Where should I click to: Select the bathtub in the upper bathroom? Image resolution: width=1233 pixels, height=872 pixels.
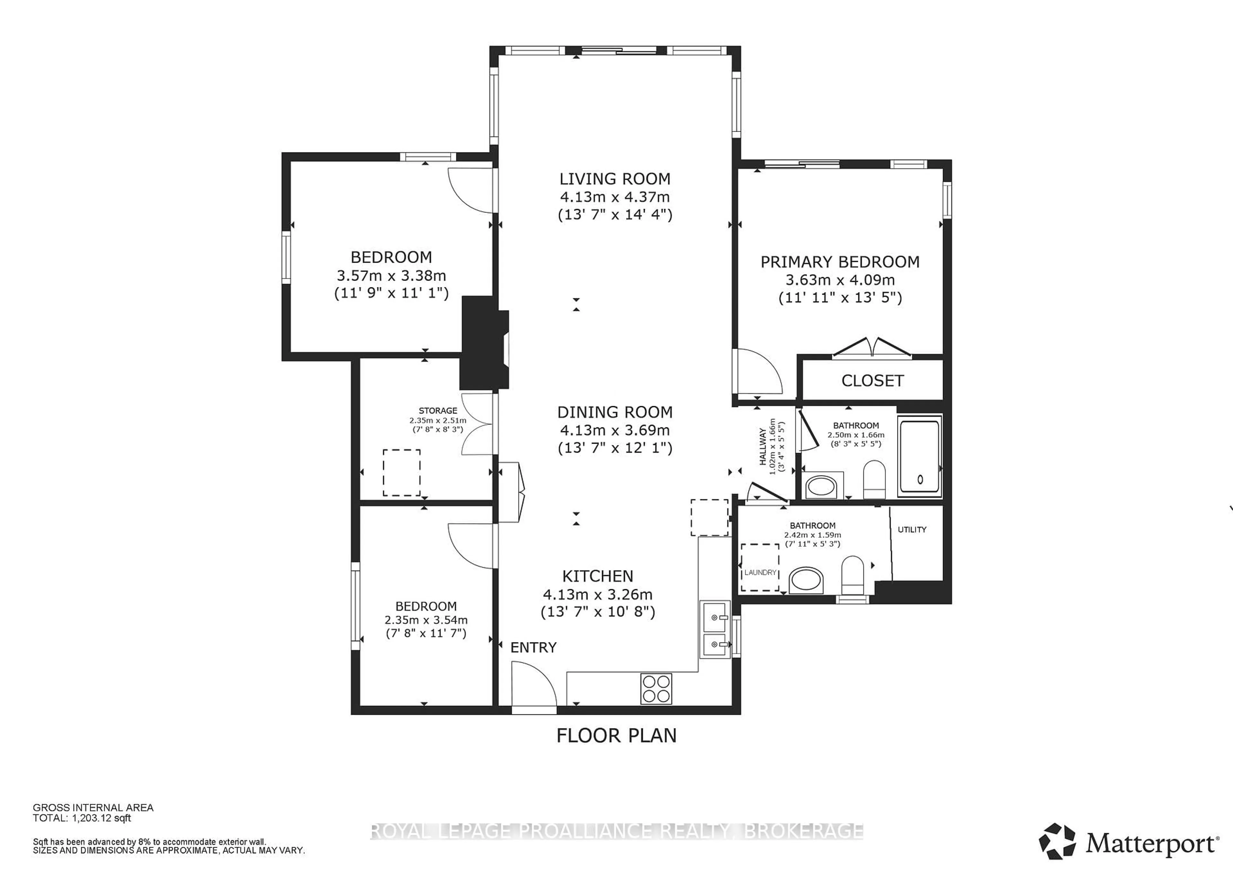click(x=920, y=456)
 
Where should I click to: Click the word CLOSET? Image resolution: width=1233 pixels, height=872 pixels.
click(x=872, y=381)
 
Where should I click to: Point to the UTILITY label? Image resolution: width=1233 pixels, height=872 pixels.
click(x=912, y=529)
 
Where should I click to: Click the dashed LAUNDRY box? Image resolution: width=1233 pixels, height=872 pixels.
click(x=760, y=568)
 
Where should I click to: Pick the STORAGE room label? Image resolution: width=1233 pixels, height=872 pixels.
click(x=438, y=411)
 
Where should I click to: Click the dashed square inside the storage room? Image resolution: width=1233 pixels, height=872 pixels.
click(x=401, y=473)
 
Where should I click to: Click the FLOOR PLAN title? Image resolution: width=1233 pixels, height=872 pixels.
click(x=616, y=736)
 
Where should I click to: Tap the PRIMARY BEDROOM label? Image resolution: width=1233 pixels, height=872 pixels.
click(x=840, y=262)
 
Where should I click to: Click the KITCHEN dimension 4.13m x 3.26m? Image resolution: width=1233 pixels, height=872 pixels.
click(x=597, y=594)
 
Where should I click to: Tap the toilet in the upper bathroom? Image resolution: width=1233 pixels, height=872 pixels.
click(x=874, y=479)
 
